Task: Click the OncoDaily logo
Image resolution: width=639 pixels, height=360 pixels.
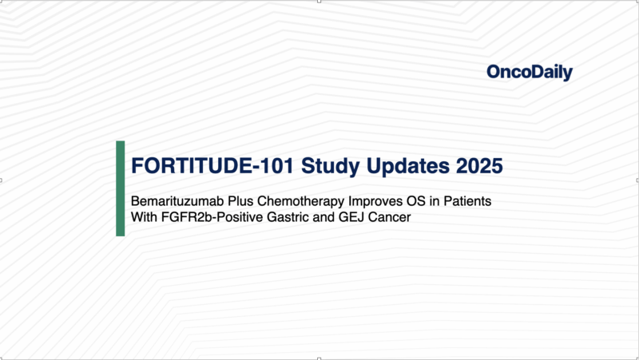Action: [529, 73]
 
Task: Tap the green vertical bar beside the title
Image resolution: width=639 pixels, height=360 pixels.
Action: [121, 188]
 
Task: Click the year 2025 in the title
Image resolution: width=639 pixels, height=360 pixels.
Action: [478, 166]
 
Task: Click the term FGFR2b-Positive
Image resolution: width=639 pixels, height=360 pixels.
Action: [209, 216]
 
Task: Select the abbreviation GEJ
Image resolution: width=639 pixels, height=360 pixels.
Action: [349, 216]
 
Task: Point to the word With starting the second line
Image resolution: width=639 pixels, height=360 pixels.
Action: [145, 216]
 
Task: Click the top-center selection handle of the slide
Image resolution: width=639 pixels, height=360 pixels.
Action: [319, 2]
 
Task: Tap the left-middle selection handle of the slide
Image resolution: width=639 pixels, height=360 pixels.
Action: [2, 180]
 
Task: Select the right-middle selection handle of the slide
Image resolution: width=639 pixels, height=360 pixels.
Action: [637, 180]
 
